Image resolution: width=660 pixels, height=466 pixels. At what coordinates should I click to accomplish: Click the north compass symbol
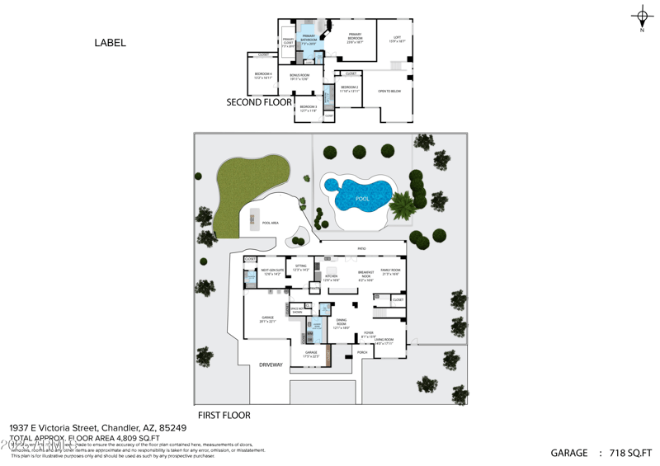[642, 17]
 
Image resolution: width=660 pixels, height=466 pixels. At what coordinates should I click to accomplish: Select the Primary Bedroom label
[355, 37]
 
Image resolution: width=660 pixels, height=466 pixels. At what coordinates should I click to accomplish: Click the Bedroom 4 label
[263, 76]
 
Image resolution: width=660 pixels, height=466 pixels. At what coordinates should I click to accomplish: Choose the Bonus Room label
[299, 77]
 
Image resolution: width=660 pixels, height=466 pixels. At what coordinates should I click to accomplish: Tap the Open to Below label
[389, 91]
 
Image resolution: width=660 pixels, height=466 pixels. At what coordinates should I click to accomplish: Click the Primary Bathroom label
[309, 38]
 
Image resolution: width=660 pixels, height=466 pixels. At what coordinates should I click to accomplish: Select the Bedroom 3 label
[308, 108]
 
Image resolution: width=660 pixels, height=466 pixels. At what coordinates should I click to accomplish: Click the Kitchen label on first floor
[331, 278]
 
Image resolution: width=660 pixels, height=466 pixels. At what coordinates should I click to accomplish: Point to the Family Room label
[389, 271]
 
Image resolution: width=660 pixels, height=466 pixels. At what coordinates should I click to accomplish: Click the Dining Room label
[342, 325]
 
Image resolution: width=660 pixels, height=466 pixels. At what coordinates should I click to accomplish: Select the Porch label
[362, 352]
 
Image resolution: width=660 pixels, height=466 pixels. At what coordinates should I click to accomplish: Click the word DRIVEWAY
[271, 364]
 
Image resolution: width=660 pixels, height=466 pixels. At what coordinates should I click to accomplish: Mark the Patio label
[361, 247]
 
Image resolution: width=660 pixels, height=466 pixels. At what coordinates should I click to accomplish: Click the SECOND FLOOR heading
[259, 103]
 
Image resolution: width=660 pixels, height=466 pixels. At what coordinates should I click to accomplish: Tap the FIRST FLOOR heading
[224, 415]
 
